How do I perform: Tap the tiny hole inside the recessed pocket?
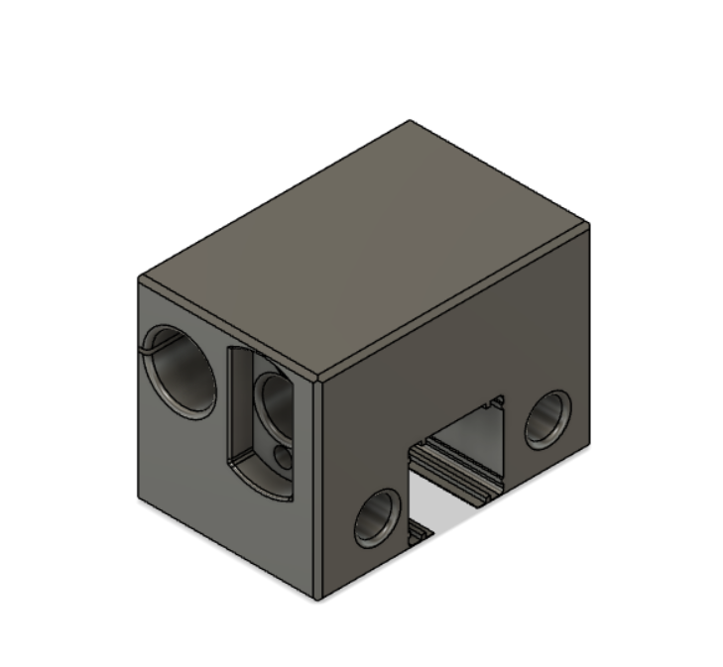[x=285, y=457]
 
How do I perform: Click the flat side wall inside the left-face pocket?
[x=238, y=406]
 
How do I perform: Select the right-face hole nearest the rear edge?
[x=547, y=418]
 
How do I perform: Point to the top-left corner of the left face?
[x=138, y=279]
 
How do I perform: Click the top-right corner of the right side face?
[x=591, y=227]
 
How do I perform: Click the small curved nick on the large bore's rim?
[x=152, y=344]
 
